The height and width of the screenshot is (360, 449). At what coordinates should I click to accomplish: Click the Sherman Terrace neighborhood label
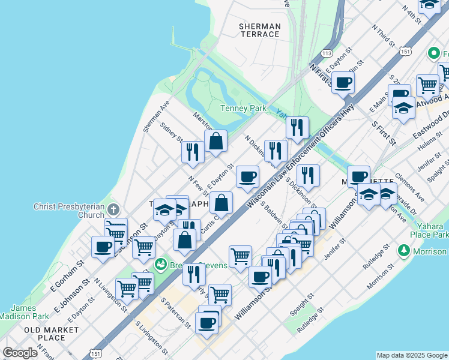[259, 30]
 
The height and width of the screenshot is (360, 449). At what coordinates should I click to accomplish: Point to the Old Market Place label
[51, 334]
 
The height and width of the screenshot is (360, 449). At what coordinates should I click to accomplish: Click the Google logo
[20, 353]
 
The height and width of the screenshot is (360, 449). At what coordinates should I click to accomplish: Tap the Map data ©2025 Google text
[411, 355]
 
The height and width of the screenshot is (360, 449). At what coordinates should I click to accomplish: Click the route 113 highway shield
[327, 53]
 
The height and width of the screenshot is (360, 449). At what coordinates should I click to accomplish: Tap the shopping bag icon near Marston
[216, 142]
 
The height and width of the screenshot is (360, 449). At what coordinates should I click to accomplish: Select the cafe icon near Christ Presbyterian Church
[103, 246]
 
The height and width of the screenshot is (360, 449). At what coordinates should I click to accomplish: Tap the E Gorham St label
[61, 278]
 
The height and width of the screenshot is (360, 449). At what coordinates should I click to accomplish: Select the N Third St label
[383, 35]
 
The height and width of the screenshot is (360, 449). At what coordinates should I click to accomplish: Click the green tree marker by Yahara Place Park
[405, 250]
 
